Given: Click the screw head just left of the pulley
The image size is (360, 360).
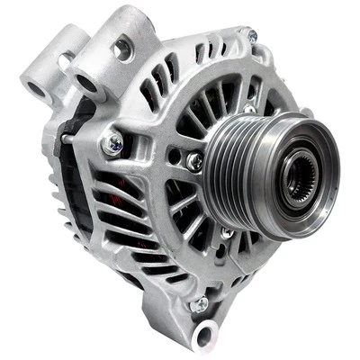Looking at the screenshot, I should [194, 162].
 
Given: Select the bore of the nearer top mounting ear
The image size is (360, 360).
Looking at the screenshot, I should [87, 83].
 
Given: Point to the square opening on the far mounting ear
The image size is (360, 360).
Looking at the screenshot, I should [64, 58].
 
